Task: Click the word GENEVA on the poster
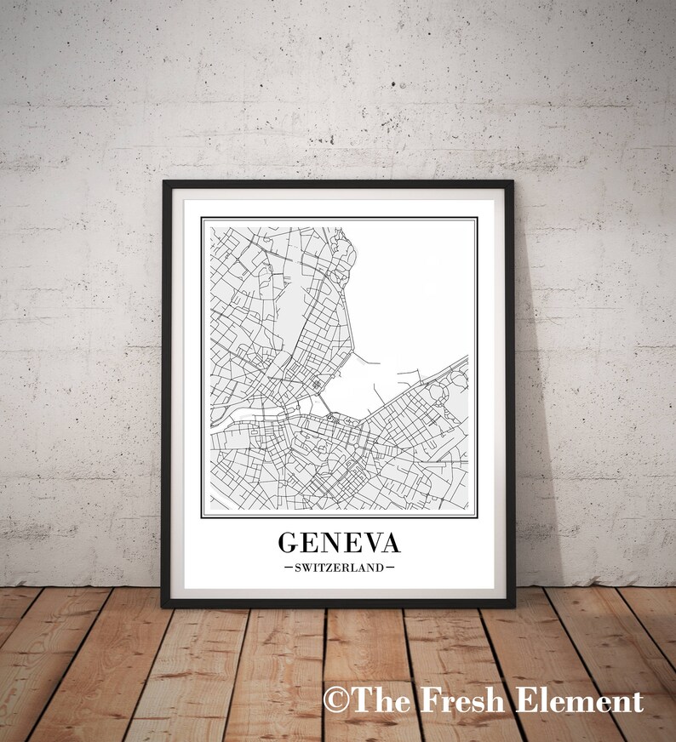[338, 543]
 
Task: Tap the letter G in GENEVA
[289, 543]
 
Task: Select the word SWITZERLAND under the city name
[338, 567]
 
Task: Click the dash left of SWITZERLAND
[289, 567]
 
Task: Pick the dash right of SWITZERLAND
[390, 567]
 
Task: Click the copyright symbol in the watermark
[336, 701]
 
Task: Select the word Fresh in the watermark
[451, 701]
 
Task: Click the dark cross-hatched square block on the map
[318, 385]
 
